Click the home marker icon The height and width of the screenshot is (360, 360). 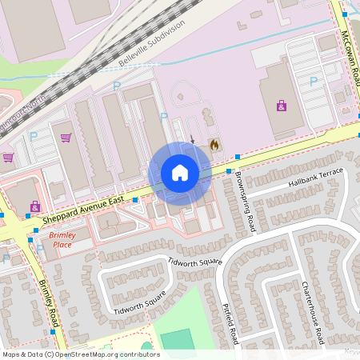(180, 173)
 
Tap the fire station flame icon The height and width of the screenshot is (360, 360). (214, 144)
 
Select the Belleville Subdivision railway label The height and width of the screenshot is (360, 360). (152, 40)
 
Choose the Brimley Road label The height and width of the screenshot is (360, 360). (49, 302)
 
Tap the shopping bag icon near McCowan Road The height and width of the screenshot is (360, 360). (281, 105)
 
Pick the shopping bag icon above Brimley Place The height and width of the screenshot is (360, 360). (34, 206)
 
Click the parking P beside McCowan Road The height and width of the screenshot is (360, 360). (313, 81)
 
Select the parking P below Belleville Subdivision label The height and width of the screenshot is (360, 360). (117, 85)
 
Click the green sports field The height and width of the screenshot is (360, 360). (177, 339)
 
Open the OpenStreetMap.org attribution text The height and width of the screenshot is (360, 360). (80, 354)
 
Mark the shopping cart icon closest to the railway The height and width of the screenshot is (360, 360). (66, 137)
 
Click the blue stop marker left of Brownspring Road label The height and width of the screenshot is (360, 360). (228, 171)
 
